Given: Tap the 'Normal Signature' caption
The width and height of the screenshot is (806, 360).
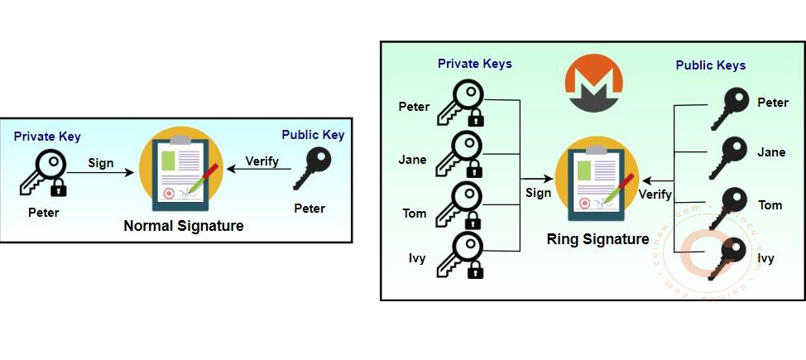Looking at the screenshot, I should pos(184,225).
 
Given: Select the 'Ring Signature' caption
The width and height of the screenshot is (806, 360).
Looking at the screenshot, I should pos(597,239).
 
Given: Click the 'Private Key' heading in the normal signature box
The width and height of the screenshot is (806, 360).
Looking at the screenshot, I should pos(47,137).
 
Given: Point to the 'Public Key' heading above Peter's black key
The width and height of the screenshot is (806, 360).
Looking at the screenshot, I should pos(313,135).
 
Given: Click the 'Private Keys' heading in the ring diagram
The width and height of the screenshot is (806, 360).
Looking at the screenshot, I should pos(475,64).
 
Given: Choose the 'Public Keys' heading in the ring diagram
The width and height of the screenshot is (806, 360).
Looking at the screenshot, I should pos(710,65).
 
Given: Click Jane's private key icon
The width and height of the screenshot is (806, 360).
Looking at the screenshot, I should pos(459,154).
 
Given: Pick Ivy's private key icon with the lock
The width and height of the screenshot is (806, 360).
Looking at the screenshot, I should pos(459,254).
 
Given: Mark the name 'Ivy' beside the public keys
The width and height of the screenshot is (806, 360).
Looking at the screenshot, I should pos(766,258).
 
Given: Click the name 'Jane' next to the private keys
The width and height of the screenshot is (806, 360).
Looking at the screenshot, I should pos(413,160).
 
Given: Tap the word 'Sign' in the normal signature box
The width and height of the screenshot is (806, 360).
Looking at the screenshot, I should pos(101,163).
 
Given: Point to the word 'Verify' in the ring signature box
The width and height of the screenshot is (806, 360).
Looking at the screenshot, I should pos(655,194).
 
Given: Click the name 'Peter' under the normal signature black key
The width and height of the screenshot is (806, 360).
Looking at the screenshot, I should pos(309,208).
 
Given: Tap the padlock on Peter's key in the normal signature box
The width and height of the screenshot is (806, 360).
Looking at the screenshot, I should pos(58,189).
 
